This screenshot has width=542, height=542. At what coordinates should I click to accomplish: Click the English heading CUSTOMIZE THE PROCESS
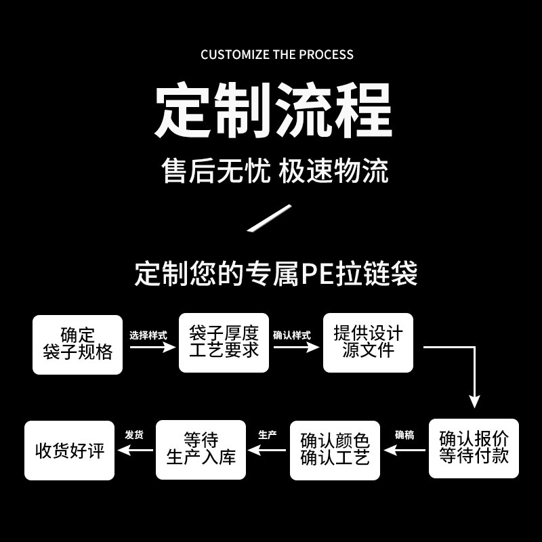(x=277, y=55)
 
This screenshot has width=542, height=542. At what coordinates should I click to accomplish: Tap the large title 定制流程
(x=274, y=110)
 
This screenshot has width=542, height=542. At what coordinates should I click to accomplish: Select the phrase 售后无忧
(x=216, y=171)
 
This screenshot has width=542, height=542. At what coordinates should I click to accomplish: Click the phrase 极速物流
(x=333, y=171)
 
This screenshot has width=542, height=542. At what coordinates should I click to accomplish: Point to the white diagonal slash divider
(x=269, y=217)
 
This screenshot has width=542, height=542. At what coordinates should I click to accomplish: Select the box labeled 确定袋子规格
(x=77, y=345)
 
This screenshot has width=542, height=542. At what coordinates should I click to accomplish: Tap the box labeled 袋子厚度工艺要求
(x=224, y=343)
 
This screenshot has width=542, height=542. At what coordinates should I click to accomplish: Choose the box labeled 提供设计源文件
(x=368, y=343)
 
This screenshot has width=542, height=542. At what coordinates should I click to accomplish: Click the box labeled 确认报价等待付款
(x=474, y=449)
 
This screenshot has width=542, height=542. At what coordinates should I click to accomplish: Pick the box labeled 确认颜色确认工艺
(x=335, y=450)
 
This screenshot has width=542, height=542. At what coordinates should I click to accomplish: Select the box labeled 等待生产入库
(x=201, y=450)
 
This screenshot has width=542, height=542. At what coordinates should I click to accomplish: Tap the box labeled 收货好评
(x=70, y=451)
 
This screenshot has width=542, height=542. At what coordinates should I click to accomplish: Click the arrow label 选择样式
(x=148, y=335)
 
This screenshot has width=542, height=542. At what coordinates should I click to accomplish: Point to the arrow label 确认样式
(x=292, y=335)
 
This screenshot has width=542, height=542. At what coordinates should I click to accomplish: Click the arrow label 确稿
(x=404, y=435)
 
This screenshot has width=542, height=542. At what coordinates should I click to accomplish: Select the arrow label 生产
(x=268, y=435)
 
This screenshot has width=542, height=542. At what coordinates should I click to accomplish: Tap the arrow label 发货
(x=134, y=435)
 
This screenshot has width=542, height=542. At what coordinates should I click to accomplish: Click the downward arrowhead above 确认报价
(x=475, y=402)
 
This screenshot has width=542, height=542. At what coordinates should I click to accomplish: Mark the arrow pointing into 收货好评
(x=135, y=450)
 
